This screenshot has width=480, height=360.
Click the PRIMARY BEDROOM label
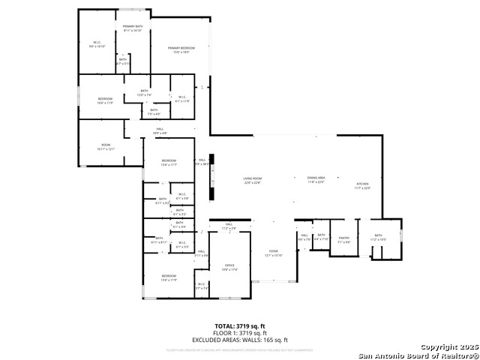(178, 49)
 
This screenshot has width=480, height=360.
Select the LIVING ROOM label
(251, 179)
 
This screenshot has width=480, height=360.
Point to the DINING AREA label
(316, 178)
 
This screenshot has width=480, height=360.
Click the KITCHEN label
(362, 184)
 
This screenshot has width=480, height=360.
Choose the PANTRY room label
(344, 241)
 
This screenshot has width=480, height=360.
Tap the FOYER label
(274, 253)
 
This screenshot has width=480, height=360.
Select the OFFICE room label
(229, 266)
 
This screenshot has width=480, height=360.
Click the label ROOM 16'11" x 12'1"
(105, 146)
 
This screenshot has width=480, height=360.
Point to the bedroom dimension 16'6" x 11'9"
(105, 102)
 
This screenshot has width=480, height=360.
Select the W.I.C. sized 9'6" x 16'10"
(97, 44)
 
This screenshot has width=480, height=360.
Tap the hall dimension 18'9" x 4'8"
(160, 133)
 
